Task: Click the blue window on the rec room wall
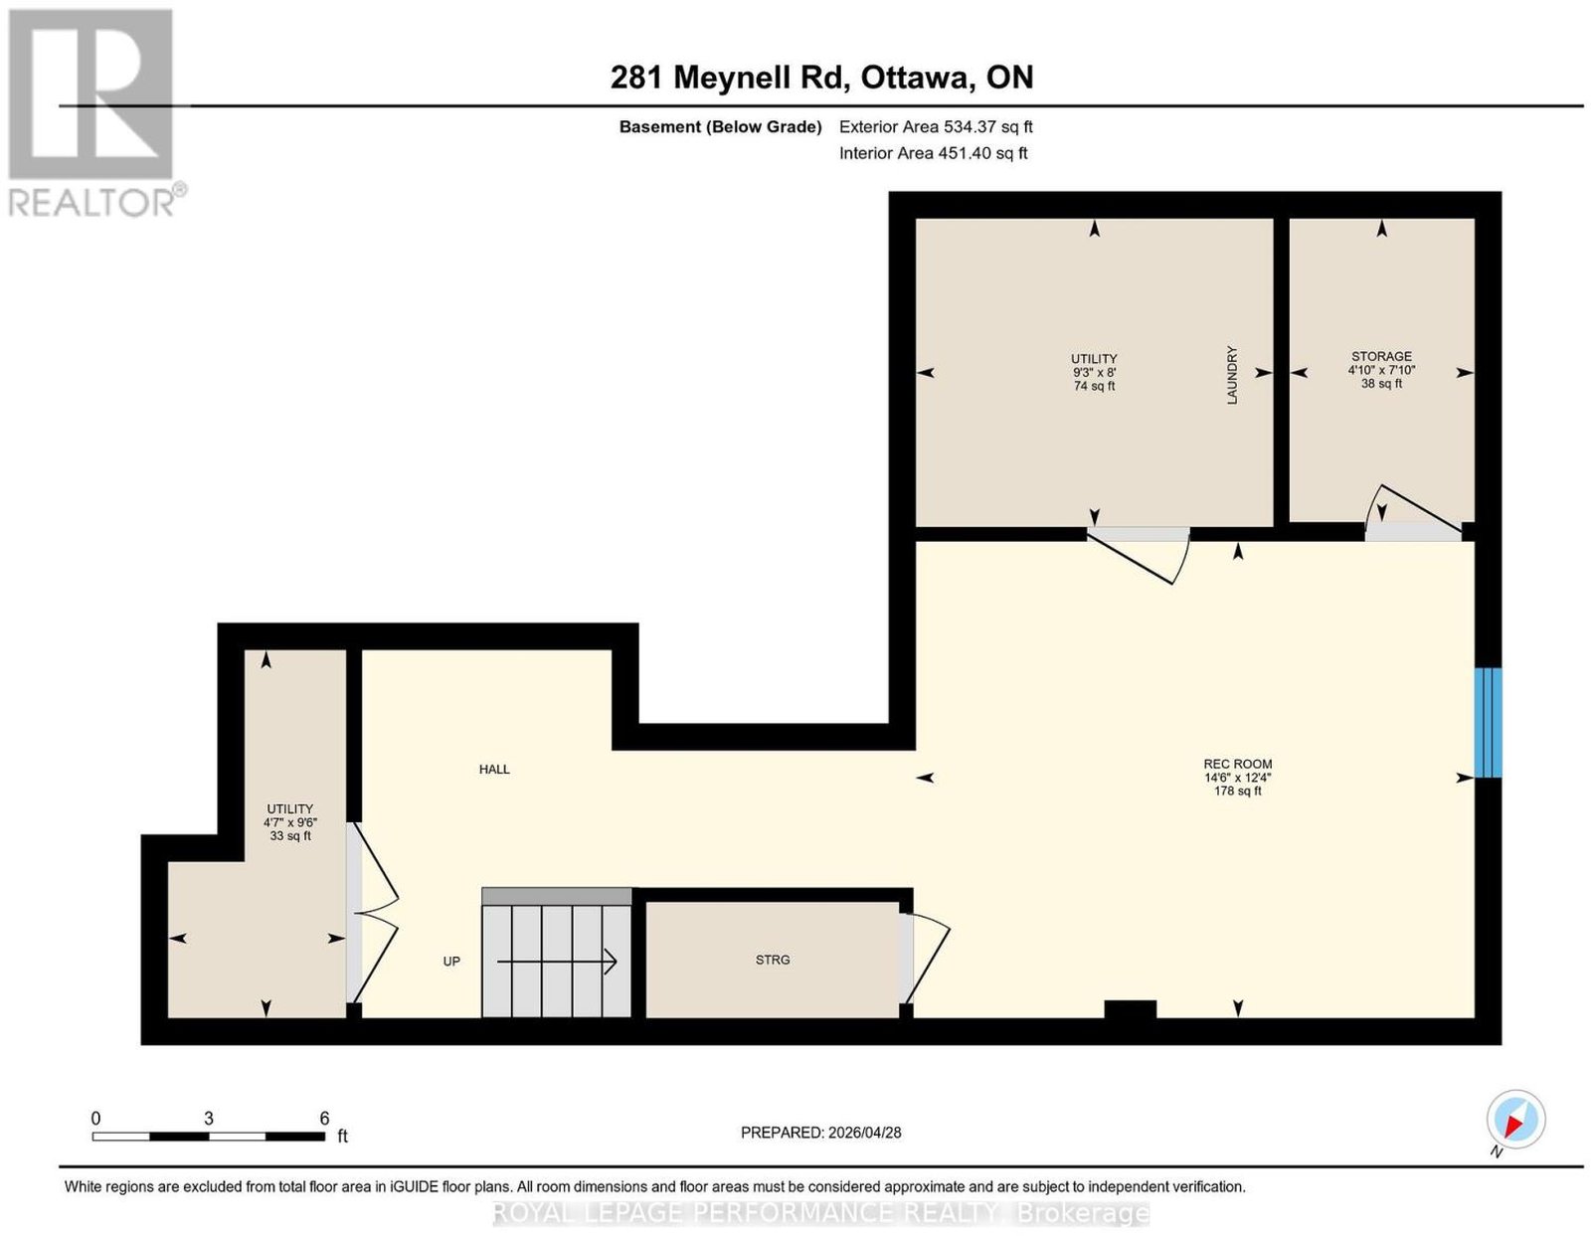pyautogui.click(x=1487, y=722)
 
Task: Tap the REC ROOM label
pyautogui.click(x=1237, y=764)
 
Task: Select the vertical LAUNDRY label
pyautogui.click(x=1231, y=375)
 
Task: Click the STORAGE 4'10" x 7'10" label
pyautogui.click(x=1381, y=363)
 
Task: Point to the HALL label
pyautogui.click(x=494, y=769)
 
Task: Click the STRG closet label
pyautogui.click(x=773, y=960)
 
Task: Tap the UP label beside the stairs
pyautogui.click(x=451, y=961)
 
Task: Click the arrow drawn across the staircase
pyautogui.click(x=557, y=962)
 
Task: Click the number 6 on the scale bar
pyautogui.click(x=324, y=1118)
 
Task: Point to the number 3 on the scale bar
pyautogui.click(x=209, y=1118)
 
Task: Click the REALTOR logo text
pyautogui.click(x=91, y=202)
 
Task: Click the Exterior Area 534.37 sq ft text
pyautogui.click(x=936, y=126)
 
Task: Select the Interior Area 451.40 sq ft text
pyautogui.click(x=934, y=153)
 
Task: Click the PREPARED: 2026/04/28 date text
pyautogui.click(x=820, y=1133)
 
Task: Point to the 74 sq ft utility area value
pyautogui.click(x=1094, y=386)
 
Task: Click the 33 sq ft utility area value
pyautogui.click(x=290, y=835)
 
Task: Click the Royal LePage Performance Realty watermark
pyautogui.click(x=820, y=1212)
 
